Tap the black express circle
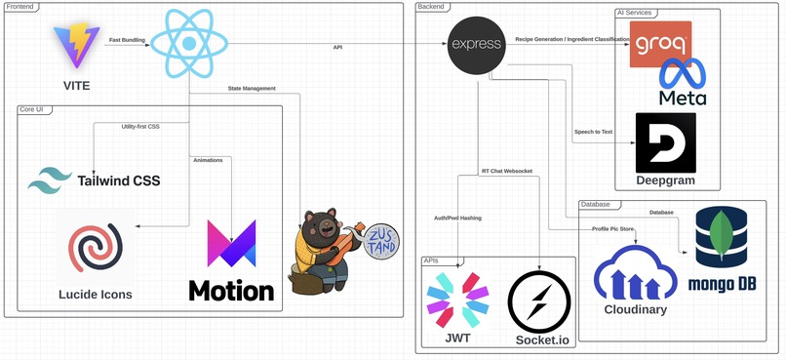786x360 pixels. pyautogui.click(x=475, y=45)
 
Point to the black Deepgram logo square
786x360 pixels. pyautogui.click(x=665, y=142)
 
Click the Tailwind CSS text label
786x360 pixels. pyautogui.click(x=119, y=180)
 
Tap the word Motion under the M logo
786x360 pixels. pyautogui.click(x=231, y=291)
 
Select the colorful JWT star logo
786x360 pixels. pyautogui.click(x=457, y=300)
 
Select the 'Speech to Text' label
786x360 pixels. pyautogui.click(x=594, y=132)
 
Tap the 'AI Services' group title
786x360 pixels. pyautogui.click(x=636, y=12)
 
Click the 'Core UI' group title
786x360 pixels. pyautogui.click(x=35, y=109)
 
